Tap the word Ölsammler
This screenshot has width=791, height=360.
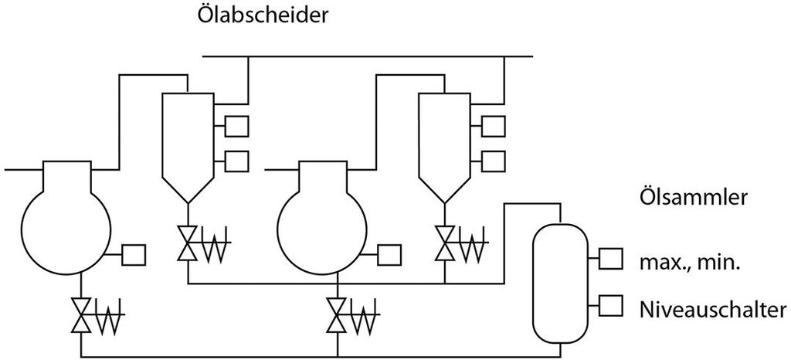(693, 197)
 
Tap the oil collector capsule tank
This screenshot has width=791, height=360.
(559, 282)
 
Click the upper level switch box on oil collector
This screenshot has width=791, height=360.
(611, 259)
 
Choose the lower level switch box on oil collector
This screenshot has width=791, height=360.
(611, 305)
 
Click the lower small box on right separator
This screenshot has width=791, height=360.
(493, 161)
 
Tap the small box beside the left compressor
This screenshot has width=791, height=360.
(135, 254)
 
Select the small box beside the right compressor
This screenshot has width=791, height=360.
(389, 254)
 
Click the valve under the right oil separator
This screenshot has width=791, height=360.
(444, 244)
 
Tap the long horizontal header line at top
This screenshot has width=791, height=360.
(367, 56)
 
